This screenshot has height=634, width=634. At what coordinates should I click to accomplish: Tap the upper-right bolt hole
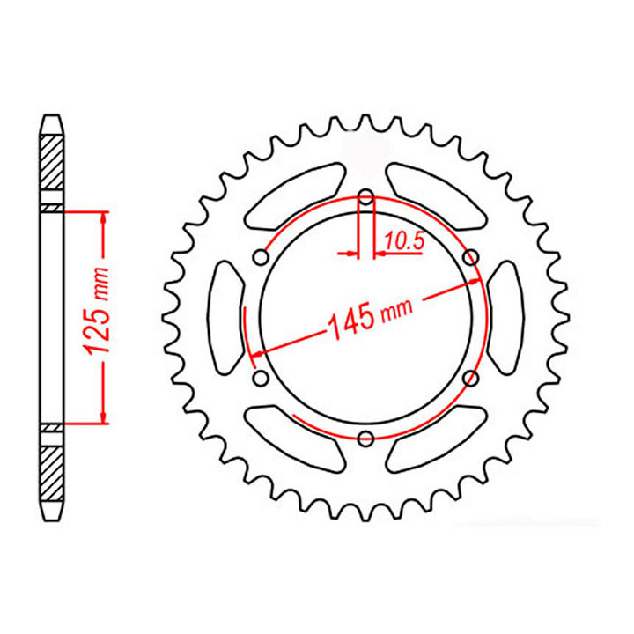click(x=470, y=256)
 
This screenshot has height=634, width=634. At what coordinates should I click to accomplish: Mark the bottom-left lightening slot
click(x=295, y=439)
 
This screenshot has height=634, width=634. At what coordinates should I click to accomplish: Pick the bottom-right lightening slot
click(x=436, y=439)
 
